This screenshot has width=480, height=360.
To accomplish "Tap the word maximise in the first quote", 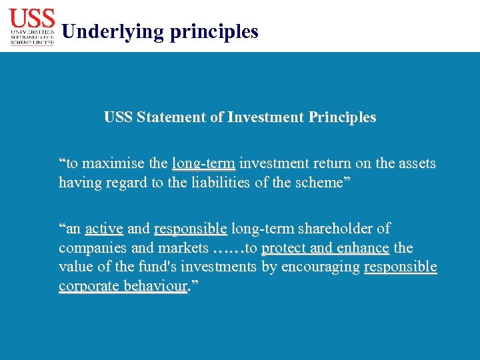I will click(x=114, y=163).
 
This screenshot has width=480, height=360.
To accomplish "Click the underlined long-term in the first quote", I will click(x=203, y=163).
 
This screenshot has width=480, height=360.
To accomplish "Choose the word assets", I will click(x=415, y=163).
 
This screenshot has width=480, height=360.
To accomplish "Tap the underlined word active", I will click(x=104, y=229).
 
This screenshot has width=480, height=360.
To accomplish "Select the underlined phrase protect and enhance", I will click(x=325, y=248).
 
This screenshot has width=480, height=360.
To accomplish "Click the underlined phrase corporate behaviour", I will click(x=123, y=287).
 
